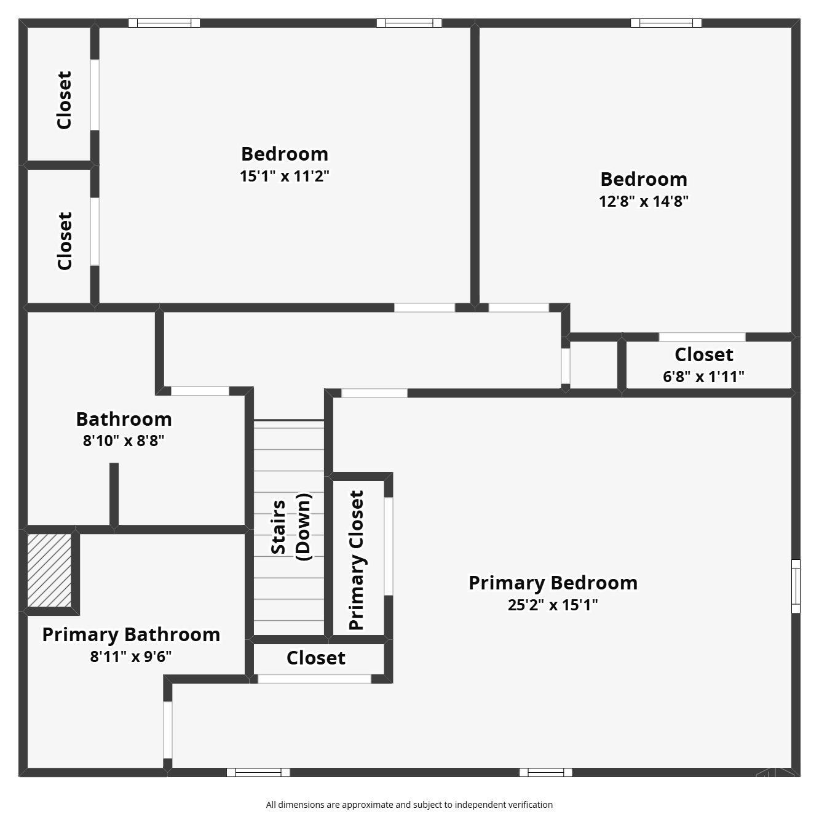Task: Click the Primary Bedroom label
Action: click(553, 583)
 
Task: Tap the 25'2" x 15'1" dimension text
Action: click(553, 605)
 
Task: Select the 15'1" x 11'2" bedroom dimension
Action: click(284, 175)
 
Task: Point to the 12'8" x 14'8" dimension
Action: click(644, 201)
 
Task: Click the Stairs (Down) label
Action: click(291, 527)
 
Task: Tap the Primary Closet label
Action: click(356, 560)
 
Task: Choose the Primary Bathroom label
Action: click(131, 635)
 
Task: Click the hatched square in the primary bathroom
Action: click(49, 570)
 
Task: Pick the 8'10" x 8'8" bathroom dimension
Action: click(123, 441)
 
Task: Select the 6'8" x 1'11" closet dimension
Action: click(703, 377)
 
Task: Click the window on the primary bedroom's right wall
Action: click(796, 586)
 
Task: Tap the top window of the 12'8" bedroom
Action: click(666, 23)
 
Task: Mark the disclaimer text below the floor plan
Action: click(410, 805)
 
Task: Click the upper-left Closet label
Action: click(64, 100)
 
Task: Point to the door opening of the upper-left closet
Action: click(95, 95)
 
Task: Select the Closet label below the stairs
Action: click(316, 658)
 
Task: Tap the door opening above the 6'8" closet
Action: click(702, 337)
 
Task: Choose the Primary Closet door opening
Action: click(389, 546)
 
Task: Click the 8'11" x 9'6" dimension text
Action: click(131, 656)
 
